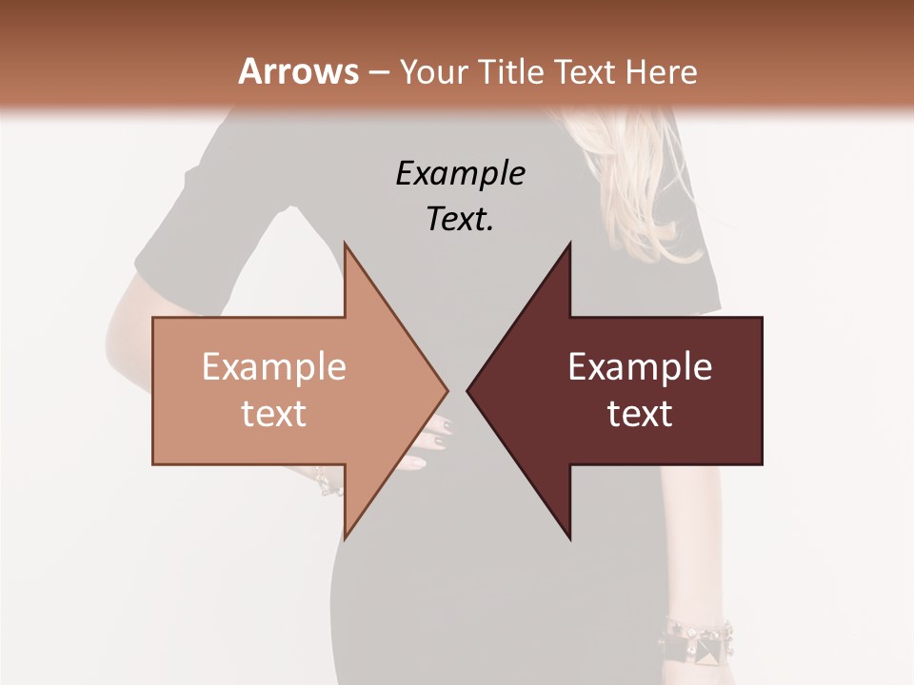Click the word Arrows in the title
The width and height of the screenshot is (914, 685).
pyautogui.click(x=298, y=71)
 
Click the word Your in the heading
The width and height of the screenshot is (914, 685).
pyautogui.click(x=433, y=71)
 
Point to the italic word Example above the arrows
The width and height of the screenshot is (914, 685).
pyautogui.click(x=460, y=173)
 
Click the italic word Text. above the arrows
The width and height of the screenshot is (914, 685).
pyautogui.click(x=460, y=219)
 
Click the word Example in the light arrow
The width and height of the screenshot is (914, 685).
pyautogui.click(x=274, y=367)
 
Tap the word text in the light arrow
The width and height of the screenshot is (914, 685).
pyautogui.click(x=274, y=413)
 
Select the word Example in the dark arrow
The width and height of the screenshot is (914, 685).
pyautogui.click(x=640, y=367)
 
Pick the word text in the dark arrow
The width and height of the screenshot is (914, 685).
pyautogui.click(x=640, y=413)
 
